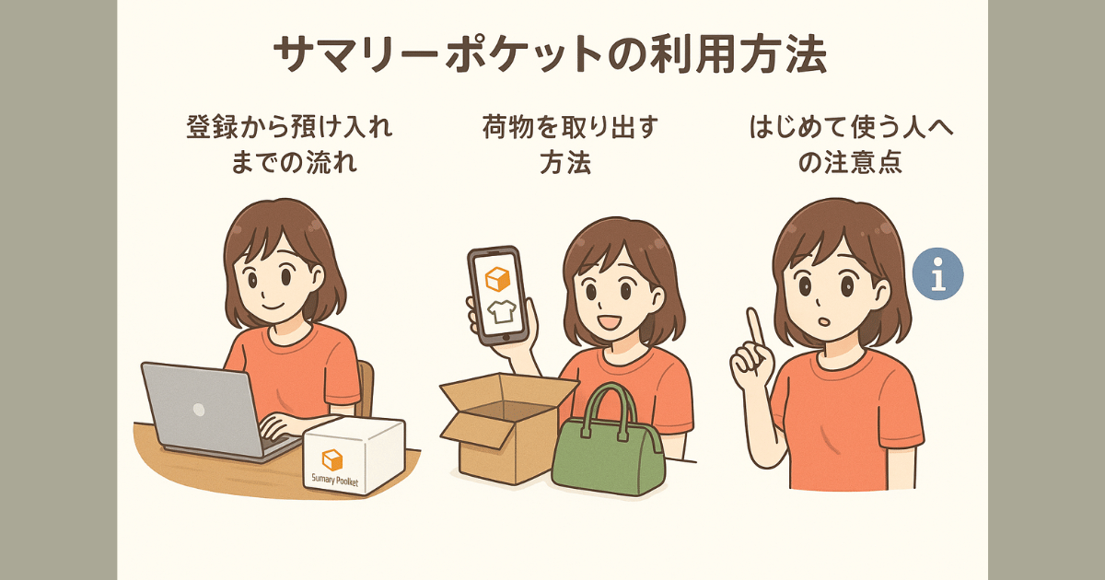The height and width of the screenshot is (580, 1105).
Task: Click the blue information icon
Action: click(x=937, y=273)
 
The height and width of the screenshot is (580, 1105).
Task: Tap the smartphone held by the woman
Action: click(x=498, y=296)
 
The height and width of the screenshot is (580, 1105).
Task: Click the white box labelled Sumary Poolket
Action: click(x=355, y=455)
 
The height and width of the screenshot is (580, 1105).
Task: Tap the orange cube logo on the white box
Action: click(x=332, y=459)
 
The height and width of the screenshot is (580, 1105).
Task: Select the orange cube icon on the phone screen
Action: click(x=496, y=279)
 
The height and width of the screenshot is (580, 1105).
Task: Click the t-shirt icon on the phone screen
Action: click(x=502, y=312)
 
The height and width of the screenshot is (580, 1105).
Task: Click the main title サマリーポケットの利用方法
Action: click(x=550, y=54)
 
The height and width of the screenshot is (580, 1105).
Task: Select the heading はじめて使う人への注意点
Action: click(x=851, y=145)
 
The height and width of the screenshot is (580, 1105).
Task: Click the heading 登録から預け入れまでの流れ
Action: click(x=289, y=145)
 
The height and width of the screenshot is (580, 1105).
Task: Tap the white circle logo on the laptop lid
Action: click(x=199, y=410)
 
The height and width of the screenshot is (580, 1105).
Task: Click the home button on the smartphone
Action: click(x=505, y=338)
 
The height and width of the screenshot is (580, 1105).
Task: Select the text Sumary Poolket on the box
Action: click(x=335, y=480)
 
